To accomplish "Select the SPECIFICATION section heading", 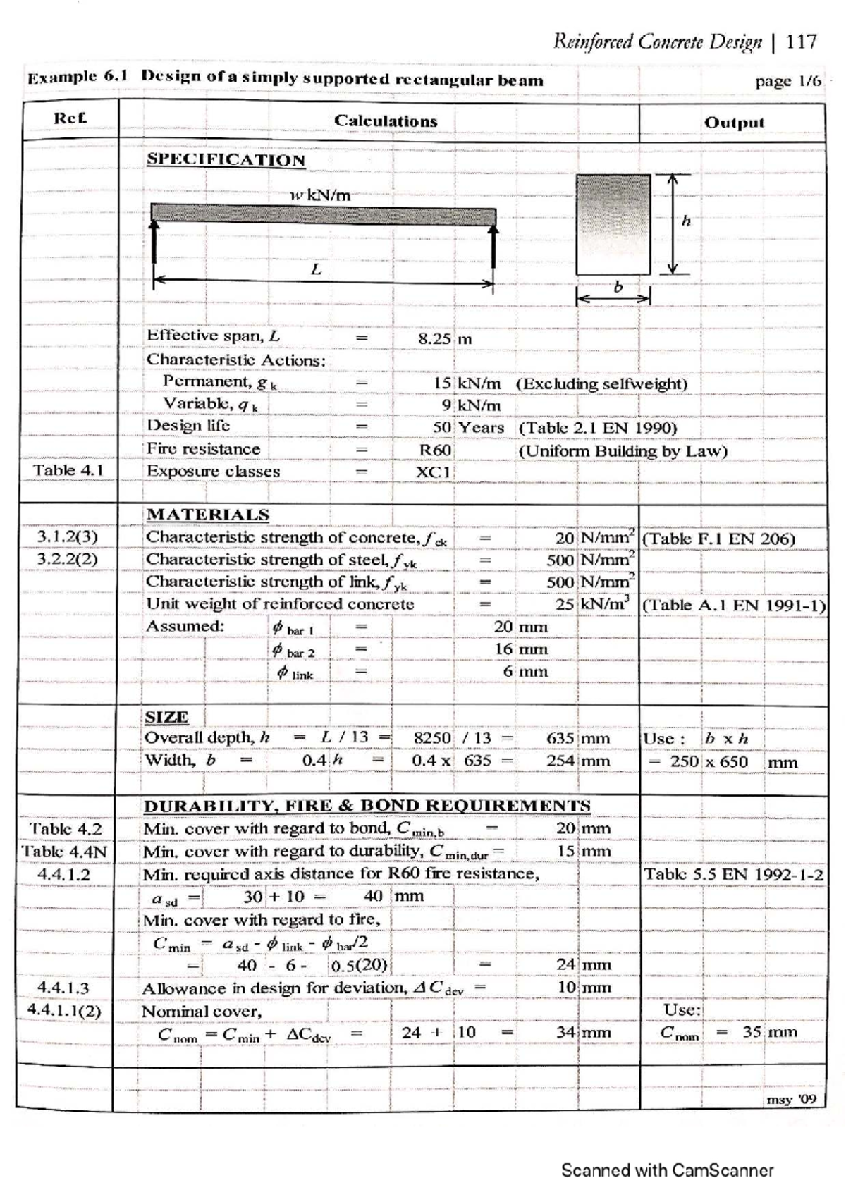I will point(226,160).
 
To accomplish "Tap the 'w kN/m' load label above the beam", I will point(320,195).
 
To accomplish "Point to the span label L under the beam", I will point(316,269).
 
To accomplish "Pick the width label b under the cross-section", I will point(618,287).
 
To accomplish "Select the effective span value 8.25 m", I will point(444,338).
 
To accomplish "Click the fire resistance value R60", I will point(434,450).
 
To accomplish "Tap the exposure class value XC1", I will point(433,472).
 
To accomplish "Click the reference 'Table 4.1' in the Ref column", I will point(68,470).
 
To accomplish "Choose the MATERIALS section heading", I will point(207,515).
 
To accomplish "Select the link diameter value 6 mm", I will point(525,672).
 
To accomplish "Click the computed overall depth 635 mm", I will point(577,739).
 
